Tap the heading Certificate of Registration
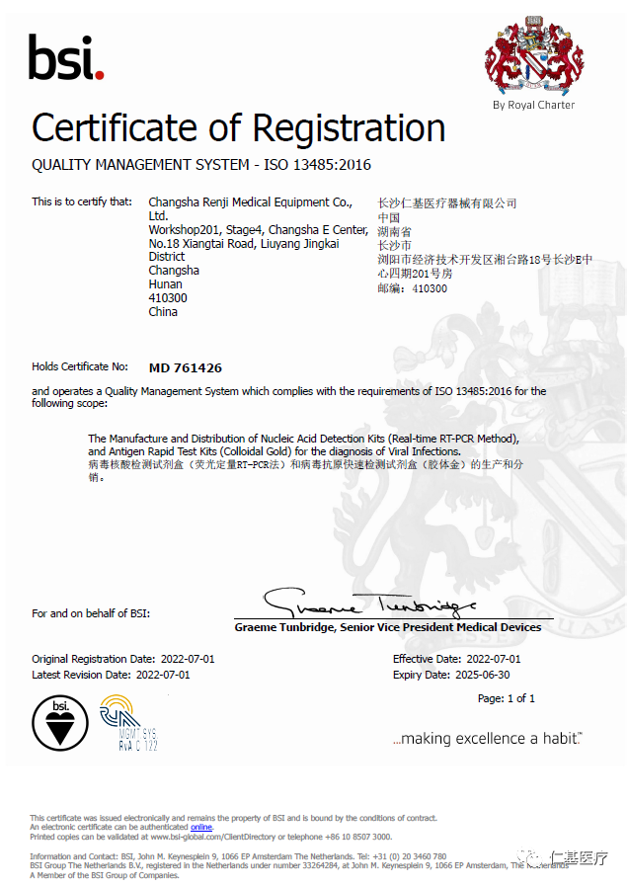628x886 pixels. [238, 128]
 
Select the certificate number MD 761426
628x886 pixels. [185, 367]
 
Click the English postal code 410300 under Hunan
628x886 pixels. [167, 297]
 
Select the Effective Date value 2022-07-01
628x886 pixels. [493, 659]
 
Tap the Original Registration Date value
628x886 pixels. [187, 659]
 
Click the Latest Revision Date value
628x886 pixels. [162, 675]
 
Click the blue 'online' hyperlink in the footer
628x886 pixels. [201, 827]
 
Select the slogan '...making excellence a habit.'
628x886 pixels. [487, 738]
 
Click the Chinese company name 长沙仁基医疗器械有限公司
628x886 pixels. [447, 203]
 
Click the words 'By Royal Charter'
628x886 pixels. [533, 105]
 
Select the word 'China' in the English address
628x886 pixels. [163, 311]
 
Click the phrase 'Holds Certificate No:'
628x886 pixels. [80, 366]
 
